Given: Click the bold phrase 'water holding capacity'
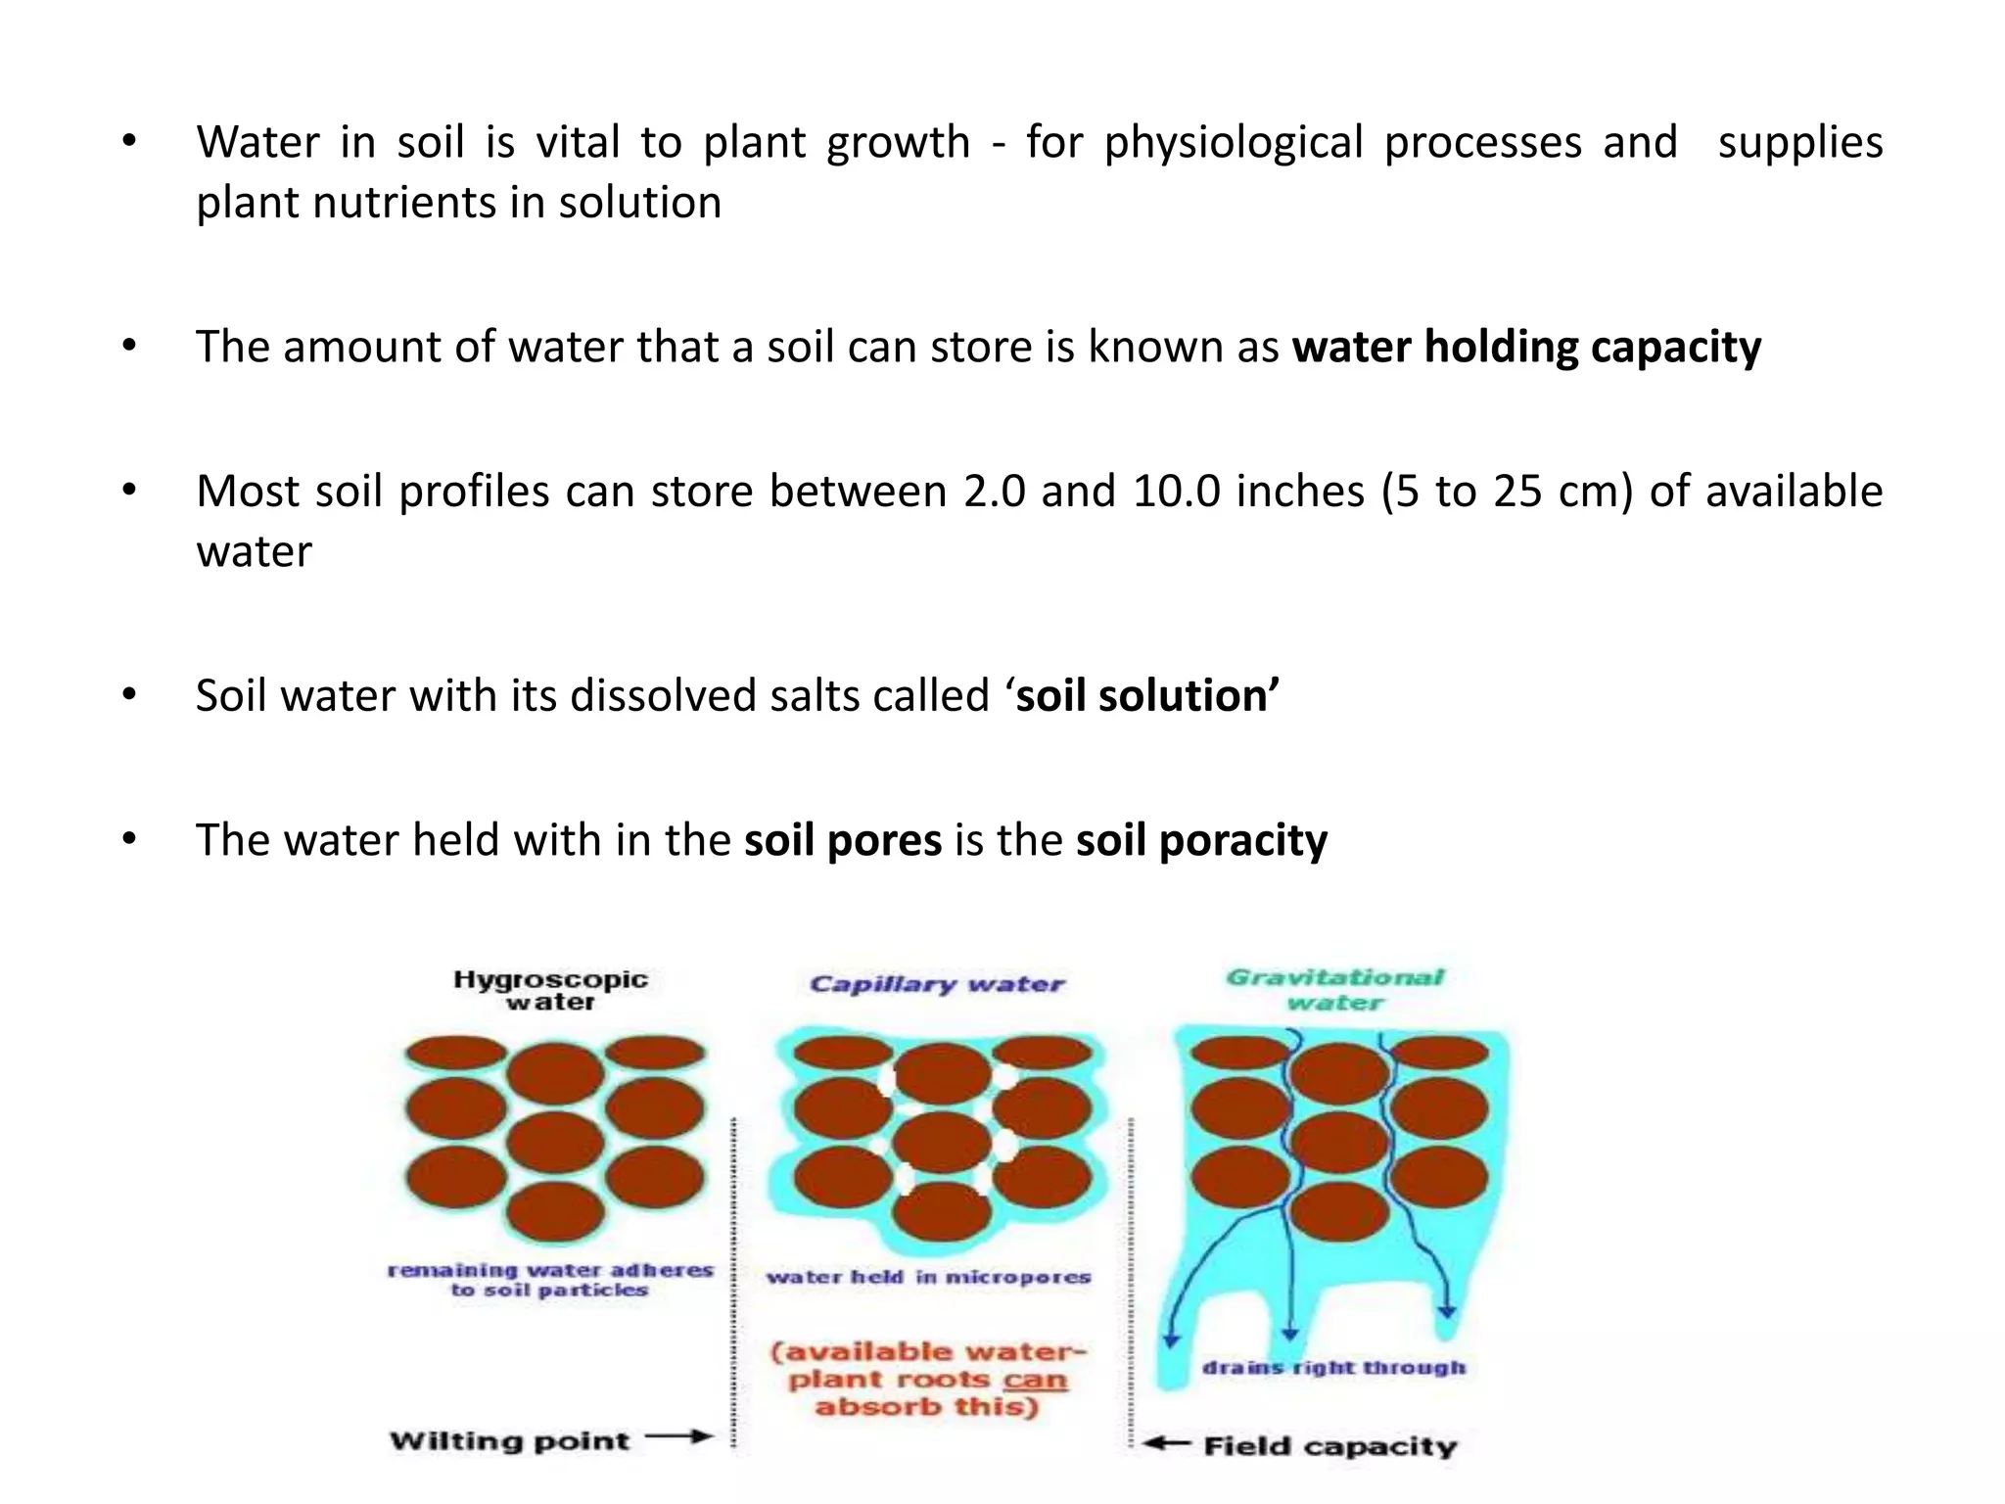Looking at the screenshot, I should [x=1526, y=348].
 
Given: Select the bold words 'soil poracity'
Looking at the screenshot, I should [x=1201, y=840].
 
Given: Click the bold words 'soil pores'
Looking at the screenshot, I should [x=843, y=840].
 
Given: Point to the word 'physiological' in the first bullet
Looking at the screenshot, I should [x=1234, y=143].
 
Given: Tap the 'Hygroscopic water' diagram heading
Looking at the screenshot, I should [x=550, y=990].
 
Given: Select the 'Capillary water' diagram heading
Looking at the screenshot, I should [x=937, y=984].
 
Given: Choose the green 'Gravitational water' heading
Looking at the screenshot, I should [x=1335, y=989].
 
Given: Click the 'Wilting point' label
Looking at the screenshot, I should [x=509, y=1440].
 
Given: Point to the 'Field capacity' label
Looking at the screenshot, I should [x=1330, y=1446].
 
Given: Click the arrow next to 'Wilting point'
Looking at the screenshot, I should [x=679, y=1437].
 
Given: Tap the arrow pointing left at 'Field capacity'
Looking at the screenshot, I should [x=1166, y=1443].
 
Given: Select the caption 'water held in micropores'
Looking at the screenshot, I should [x=928, y=1277].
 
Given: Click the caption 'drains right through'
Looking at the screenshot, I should [x=1334, y=1368].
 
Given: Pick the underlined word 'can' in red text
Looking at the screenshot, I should [x=1035, y=1381].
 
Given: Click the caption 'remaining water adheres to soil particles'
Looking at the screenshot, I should [x=550, y=1280].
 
